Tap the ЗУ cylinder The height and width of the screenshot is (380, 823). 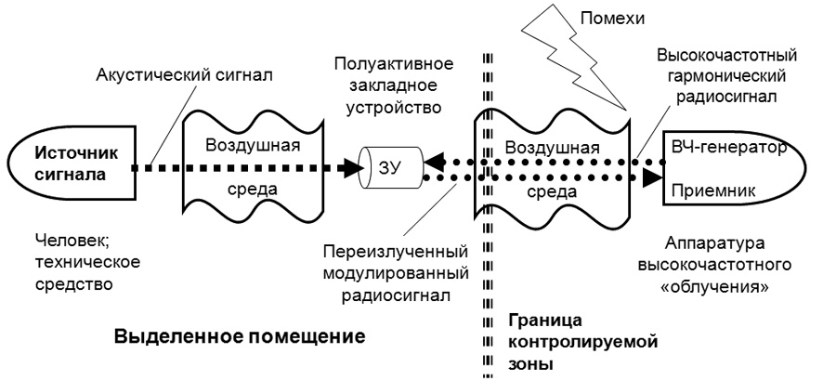[x=391, y=168]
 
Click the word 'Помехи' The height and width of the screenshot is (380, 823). [x=612, y=19]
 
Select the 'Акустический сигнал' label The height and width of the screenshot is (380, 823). [x=184, y=74]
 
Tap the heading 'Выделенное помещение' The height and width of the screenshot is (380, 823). [x=240, y=336]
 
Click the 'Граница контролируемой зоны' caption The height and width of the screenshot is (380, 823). [x=583, y=342]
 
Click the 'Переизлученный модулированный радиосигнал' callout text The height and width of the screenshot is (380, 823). [x=395, y=273]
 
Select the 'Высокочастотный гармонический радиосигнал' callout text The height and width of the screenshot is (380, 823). [x=727, y=76]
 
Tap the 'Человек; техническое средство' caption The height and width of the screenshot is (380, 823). [x=88, y=262]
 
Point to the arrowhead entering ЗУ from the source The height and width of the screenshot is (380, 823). [x=353, y=167]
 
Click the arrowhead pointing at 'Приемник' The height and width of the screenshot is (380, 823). [x=653, y=177]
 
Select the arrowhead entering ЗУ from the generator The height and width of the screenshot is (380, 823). [x=434, y=160]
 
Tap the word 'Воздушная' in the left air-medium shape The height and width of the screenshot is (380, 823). [x=253, y=144]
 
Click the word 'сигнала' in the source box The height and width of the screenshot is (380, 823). [x=71, y=175]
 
